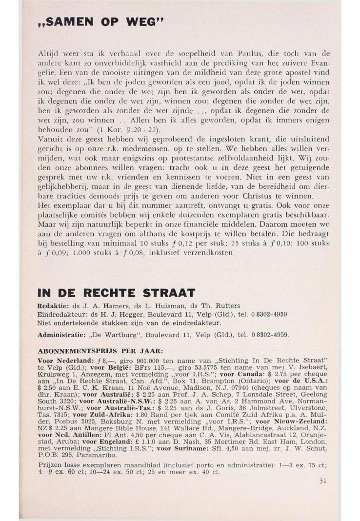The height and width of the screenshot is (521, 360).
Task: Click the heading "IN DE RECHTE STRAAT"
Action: coord(117,293)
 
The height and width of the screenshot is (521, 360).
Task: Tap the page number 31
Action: coord(322,481)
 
